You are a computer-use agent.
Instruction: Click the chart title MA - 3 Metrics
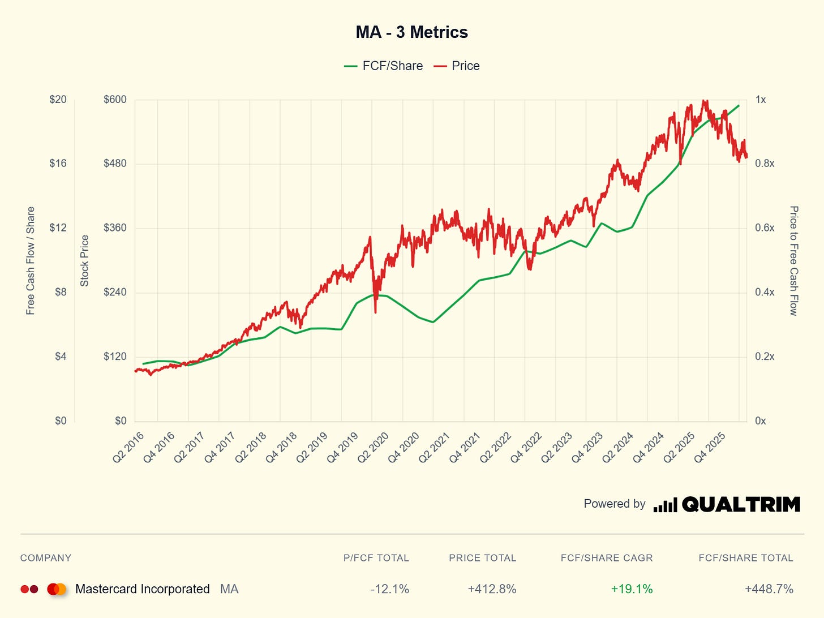click(x=412, y=32)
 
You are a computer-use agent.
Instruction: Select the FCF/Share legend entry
click(x=383, y=66)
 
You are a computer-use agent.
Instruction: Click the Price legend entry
click(x=457, y=66)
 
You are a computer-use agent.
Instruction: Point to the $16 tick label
click(x=58, y=163)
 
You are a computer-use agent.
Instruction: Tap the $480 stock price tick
click(x=115, y=163)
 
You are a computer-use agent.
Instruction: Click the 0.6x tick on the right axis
click(x=765, y=228)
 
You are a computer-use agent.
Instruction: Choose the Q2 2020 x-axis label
click(x=373, y=447)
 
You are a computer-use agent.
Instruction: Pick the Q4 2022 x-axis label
click(x=526, y=447)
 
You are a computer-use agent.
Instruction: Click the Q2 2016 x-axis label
click(x=128, y=447)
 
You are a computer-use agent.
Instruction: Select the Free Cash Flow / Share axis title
click(x=31, y=261)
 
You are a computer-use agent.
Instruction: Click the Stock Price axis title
click(x=84, y=261)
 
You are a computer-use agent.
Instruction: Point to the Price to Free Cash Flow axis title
click(x=793, y=261)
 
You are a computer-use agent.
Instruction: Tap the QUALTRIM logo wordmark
click(x=741, y=504)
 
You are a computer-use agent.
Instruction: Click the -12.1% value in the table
click(x=390, y=589)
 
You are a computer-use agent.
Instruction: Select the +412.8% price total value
click(x=492, y=589)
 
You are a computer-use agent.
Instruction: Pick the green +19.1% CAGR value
click(x=632, y=589)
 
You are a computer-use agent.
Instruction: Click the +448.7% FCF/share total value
click(x=769, y=589)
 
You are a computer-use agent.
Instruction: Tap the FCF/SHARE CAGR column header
click(x=607, y=558)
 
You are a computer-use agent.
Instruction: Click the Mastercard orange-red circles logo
click(x=57, y=589)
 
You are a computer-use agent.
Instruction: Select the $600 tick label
click(x=115, y=100)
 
